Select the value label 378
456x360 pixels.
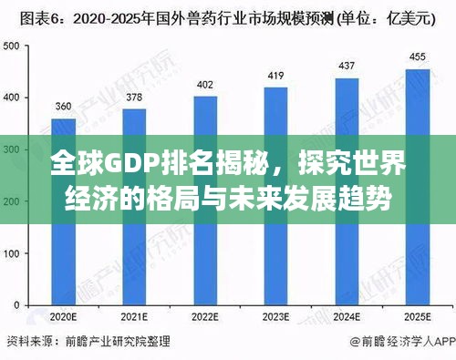tap(133, 98)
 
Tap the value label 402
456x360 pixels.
tap(205, 85)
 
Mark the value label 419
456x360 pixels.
tap(275, 76)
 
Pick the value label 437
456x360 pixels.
tap(347, 66)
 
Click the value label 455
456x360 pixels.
tap(417, 57)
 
